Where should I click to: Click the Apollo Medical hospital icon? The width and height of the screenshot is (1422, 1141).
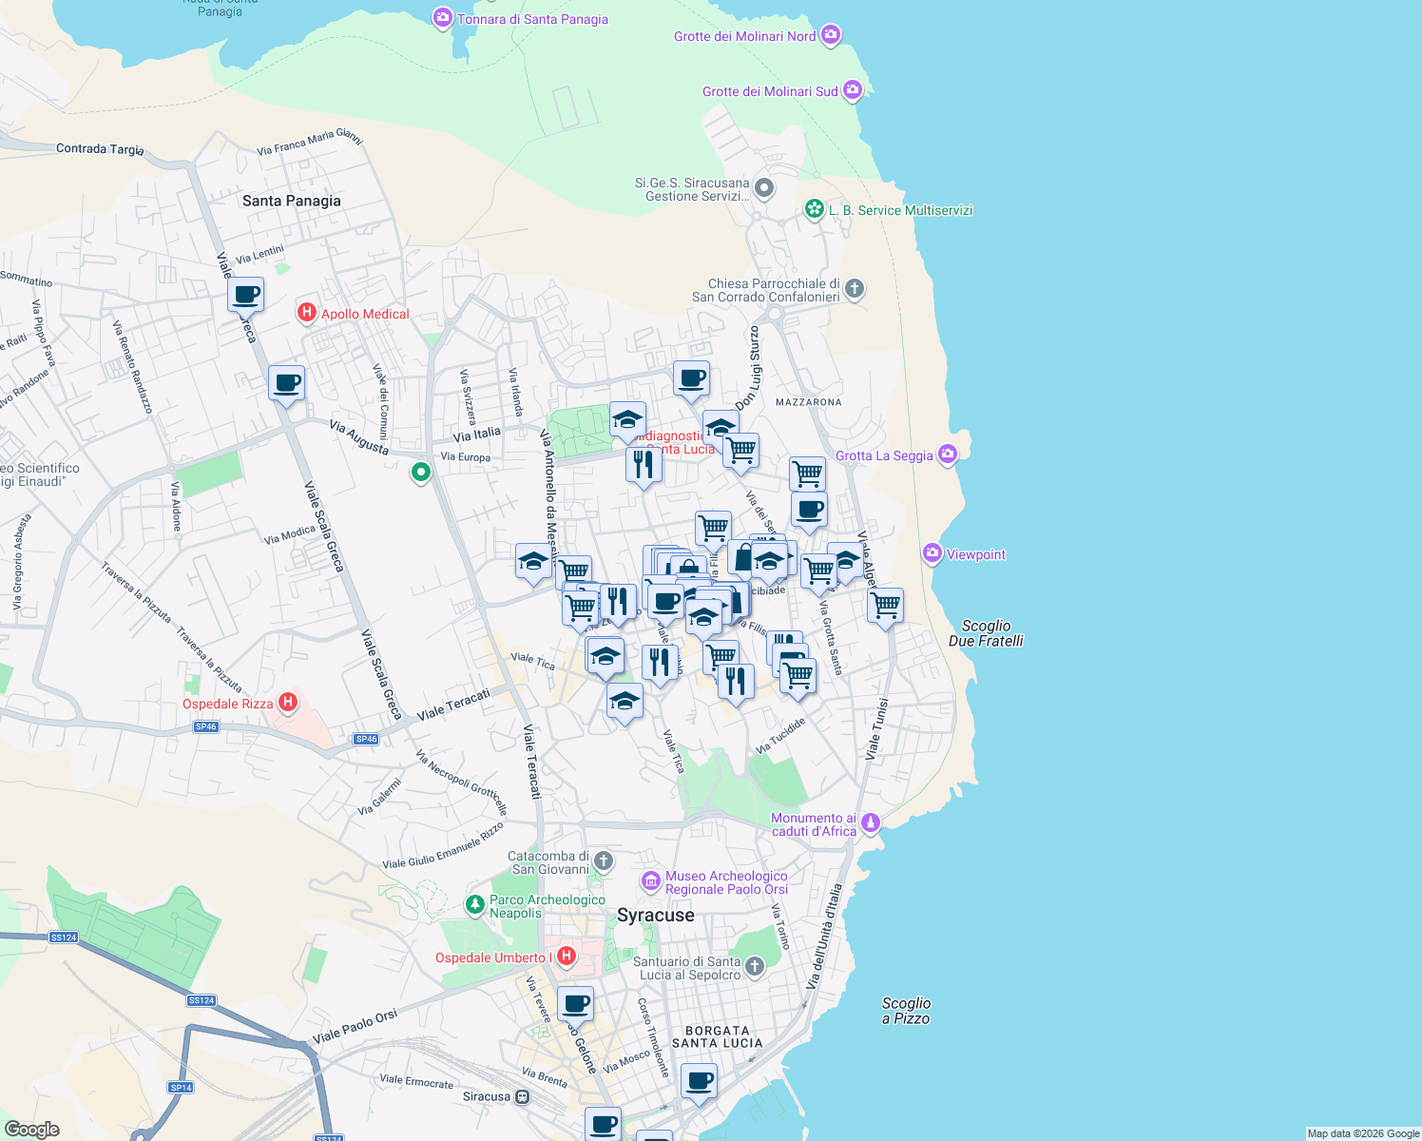[306, 313]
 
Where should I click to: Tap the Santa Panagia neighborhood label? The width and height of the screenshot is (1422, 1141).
[291, 201]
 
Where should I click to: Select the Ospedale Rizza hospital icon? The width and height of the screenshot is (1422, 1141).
[288, 704]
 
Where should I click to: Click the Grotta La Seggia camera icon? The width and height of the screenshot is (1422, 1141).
[947, 454]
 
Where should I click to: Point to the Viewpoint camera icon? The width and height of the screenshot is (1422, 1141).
[932, 553]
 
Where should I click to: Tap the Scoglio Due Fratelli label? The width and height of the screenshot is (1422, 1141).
[986, 633]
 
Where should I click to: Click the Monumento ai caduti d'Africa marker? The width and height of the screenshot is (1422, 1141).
[871, 823]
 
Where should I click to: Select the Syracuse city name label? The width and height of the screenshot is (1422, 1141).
[655, 915]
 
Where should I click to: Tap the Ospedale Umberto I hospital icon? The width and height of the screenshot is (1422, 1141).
[567, 957]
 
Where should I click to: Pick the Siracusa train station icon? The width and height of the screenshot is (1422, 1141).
[522, 1096]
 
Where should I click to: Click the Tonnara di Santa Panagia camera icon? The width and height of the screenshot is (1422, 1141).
[442, 18]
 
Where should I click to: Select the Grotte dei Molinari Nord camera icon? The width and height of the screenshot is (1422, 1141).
[831, 35]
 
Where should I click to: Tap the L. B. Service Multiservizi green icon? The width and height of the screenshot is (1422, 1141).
[814, 209]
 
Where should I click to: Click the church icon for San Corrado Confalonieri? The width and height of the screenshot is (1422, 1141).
[855, 289]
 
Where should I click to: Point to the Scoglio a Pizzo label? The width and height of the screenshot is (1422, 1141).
[906, 1011]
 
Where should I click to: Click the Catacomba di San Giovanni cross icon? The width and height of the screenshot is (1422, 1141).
[604, 862]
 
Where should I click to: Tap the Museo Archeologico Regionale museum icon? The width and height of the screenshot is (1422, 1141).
[651, 881]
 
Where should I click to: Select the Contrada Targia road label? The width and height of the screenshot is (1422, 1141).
[100, 148]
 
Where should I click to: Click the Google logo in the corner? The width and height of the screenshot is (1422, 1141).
[31, 1129]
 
